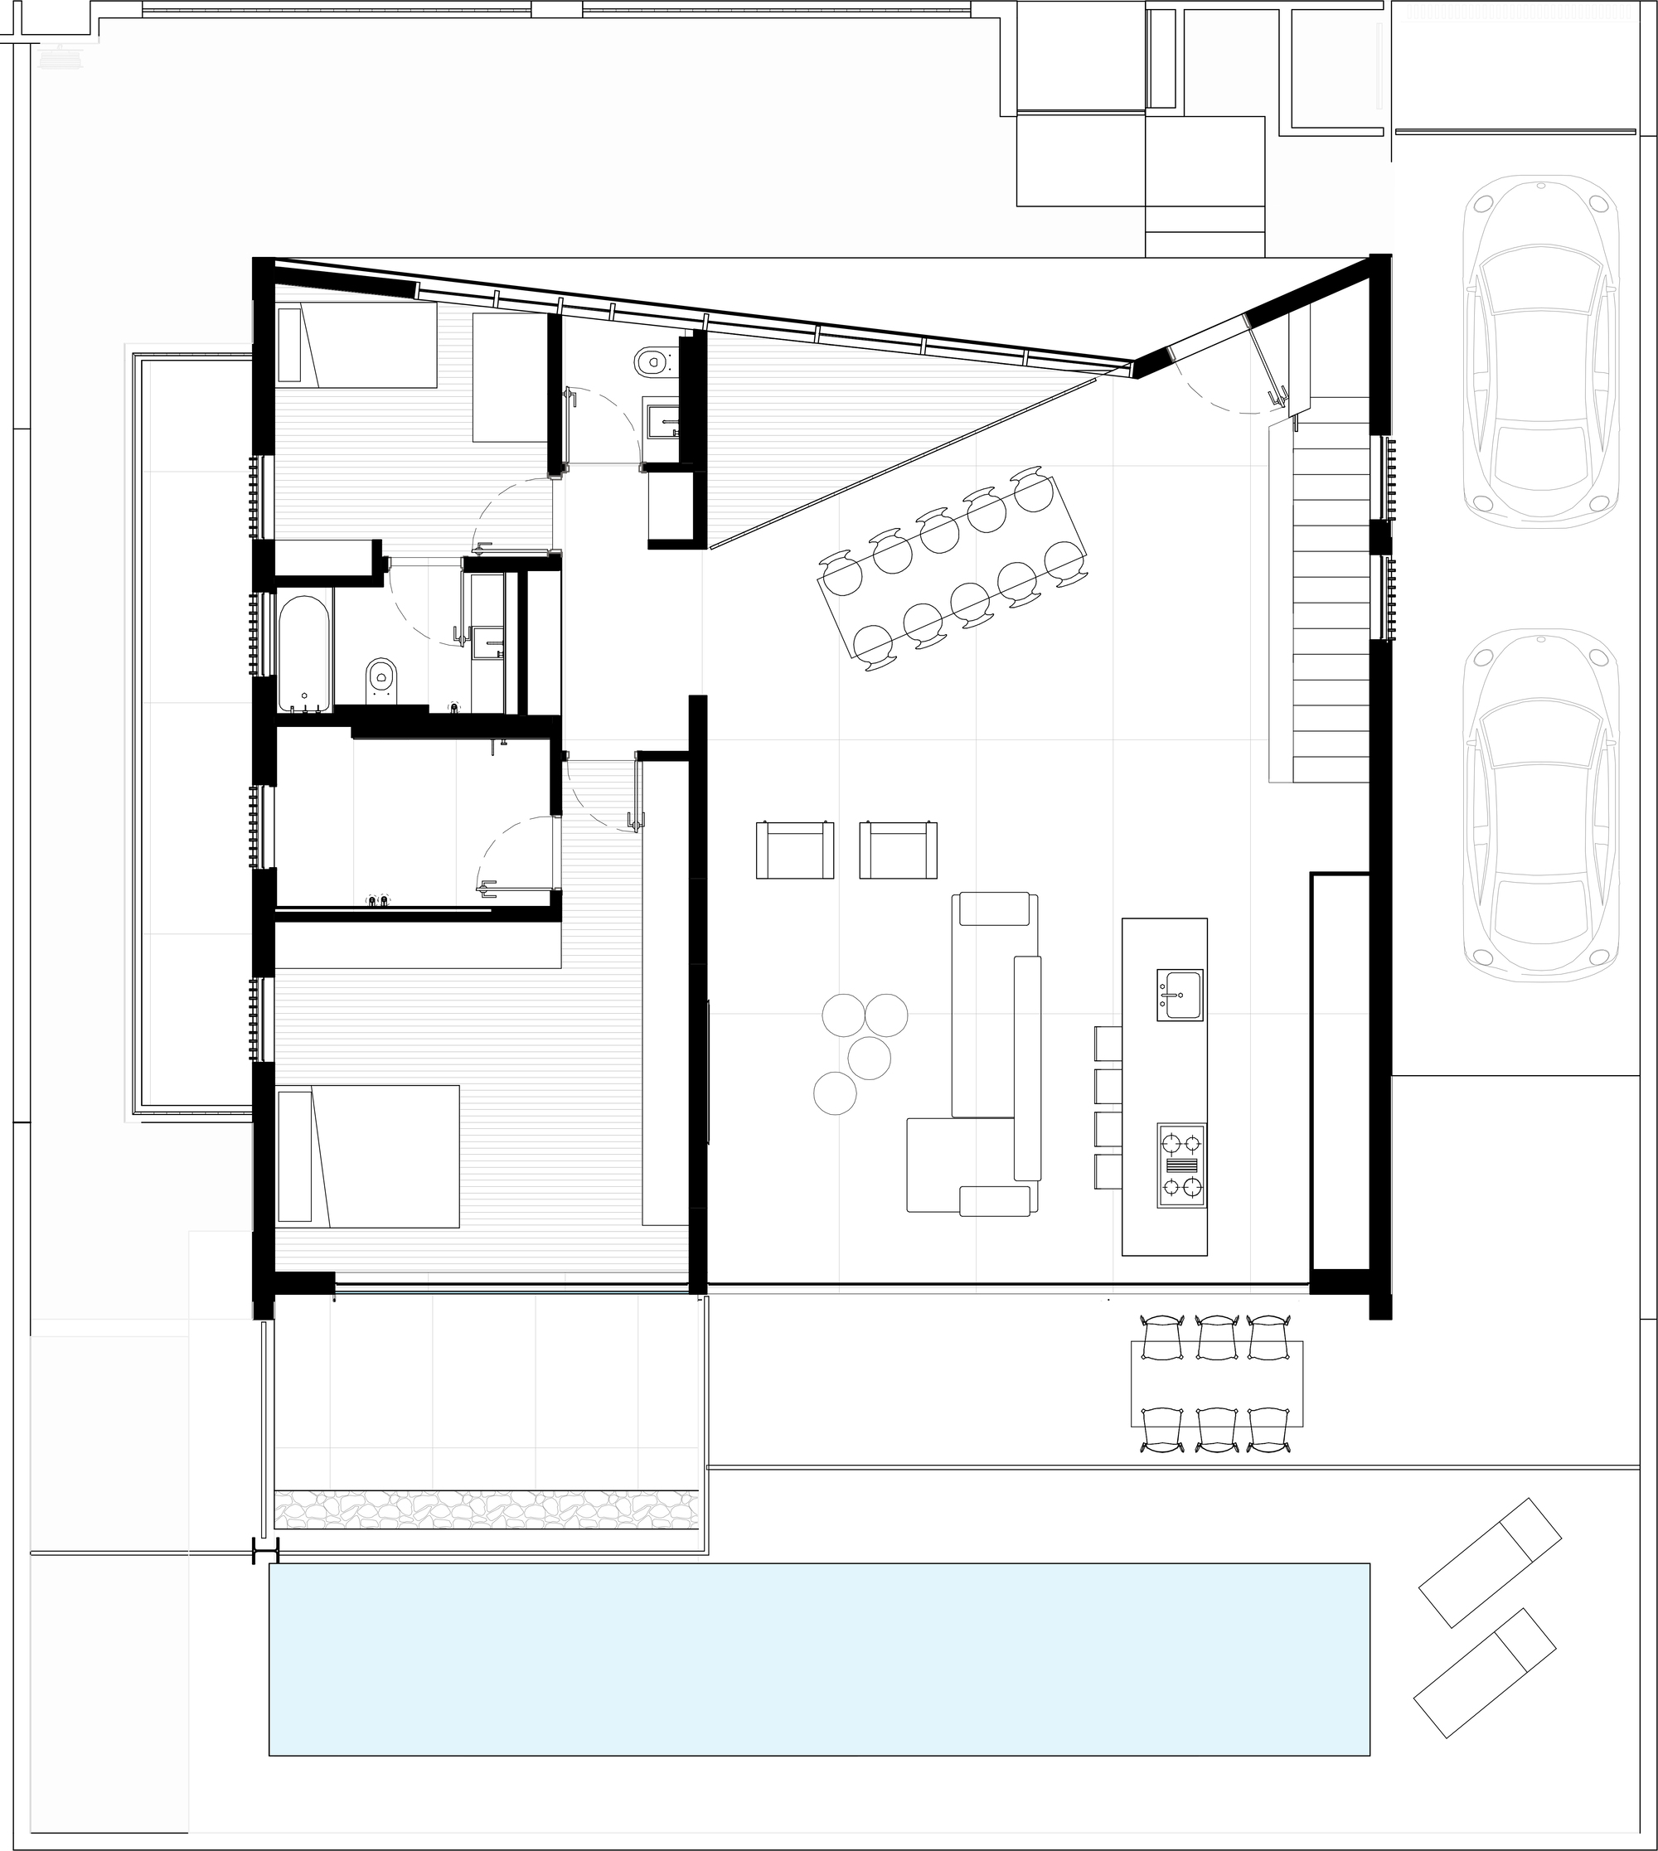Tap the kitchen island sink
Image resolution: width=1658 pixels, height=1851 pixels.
pos(1180,995)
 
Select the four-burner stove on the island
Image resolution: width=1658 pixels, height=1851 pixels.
pos(1180,1166)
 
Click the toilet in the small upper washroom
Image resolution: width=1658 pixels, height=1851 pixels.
pos(652,362)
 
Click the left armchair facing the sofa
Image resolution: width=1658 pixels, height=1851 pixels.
pos(794,850)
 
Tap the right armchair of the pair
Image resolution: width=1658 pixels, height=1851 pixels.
pos(899,850)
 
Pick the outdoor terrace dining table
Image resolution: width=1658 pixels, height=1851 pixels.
pos(1216,1383)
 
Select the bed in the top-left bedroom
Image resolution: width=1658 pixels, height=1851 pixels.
pos(357,345)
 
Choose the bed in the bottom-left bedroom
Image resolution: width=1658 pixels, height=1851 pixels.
pos(368,1156)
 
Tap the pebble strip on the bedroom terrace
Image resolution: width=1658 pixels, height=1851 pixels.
pos(486,1509)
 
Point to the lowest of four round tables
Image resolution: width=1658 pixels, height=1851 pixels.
pos(835,1093)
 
